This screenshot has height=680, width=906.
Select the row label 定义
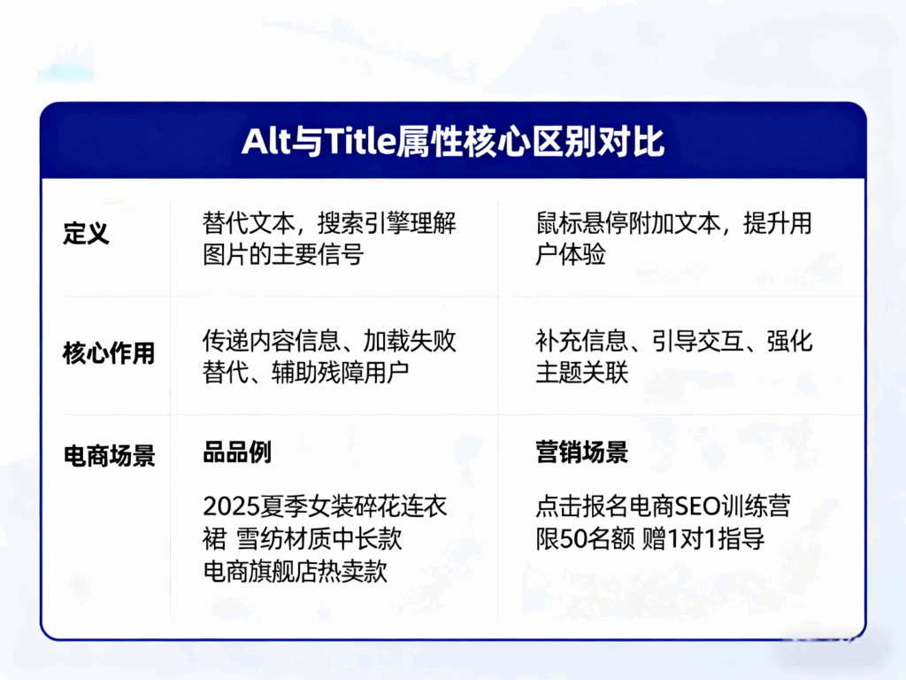pos(86,235)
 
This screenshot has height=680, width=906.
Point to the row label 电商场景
pos(108,456)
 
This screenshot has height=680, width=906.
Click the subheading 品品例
pos(236,453)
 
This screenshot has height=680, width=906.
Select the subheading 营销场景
pos(581,453)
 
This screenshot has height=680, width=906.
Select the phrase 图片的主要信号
pos(282,255)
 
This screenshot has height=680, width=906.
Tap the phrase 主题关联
pos(581,373)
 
